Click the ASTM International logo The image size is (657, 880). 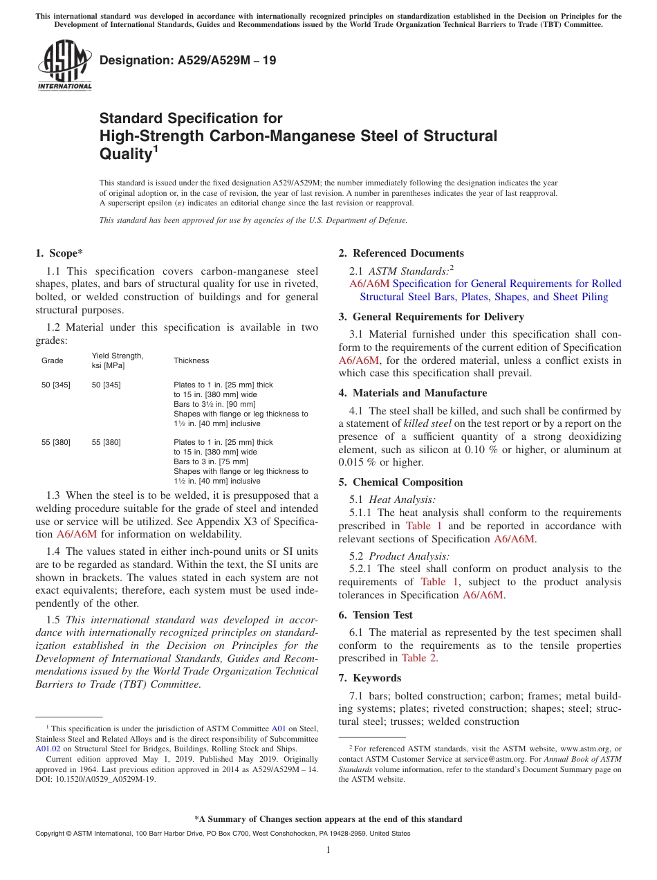click(x=64, y=65)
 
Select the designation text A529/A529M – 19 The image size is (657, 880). click(x=187, y=61)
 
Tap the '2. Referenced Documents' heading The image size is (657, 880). click(x=401, y=253)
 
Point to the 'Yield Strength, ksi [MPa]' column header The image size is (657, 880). click(x=118, y=360)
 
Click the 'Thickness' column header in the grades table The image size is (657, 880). click(x=191, y=360)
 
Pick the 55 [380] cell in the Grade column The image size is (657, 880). click(x=56, y=442)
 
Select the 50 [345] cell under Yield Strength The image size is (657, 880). click(x=106, y=385)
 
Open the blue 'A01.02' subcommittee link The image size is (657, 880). click(x=46, y=748)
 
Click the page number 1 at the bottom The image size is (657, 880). click(x=328, y=850)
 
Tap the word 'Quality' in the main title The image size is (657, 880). click(x=125, y=154)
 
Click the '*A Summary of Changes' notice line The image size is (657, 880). click(x=328, y=819)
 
